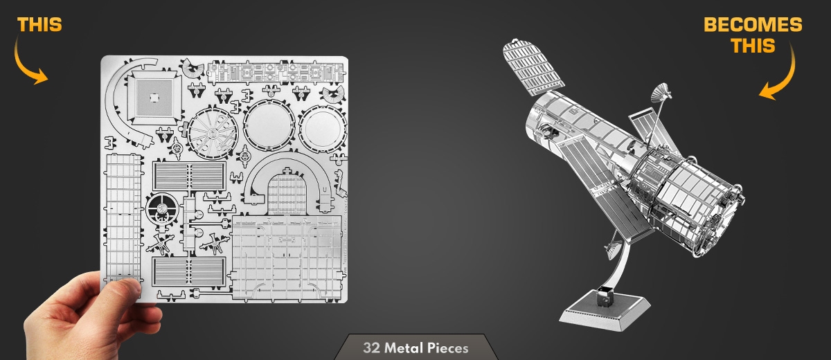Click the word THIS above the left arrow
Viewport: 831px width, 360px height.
[x=39, y=25]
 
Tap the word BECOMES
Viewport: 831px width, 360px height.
[x=753, y=25]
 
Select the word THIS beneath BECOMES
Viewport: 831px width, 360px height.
[x=753, y=46]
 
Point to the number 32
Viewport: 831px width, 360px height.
[x=372, y=348]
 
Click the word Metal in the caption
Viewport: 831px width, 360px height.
[x=404, y=348]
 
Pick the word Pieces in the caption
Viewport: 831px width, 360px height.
[x=448, y=348]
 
